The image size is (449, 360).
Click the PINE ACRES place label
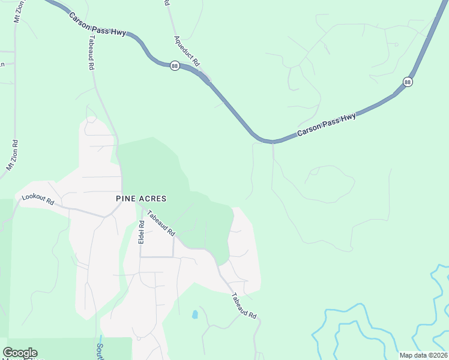click(x=141, y=198)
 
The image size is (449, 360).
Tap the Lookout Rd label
click(x=38, y=200)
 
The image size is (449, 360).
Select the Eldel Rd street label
click(x=142, y=232)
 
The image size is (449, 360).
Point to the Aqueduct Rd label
click(x=187, y=50)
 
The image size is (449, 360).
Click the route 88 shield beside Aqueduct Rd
click(x=174, y=66)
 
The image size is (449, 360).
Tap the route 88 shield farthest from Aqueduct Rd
click(x=408, y=82)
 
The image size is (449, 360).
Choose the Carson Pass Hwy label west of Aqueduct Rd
click(x=97, y=25)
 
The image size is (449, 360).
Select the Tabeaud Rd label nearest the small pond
click(x=244, y=305)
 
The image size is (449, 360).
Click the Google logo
click(x=20, y=353)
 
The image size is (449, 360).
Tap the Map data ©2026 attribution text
click(x=423, y=355)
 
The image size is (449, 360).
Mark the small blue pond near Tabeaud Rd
click(x=194, y=314)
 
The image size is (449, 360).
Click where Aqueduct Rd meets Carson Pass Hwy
click(x=207, y=80)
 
